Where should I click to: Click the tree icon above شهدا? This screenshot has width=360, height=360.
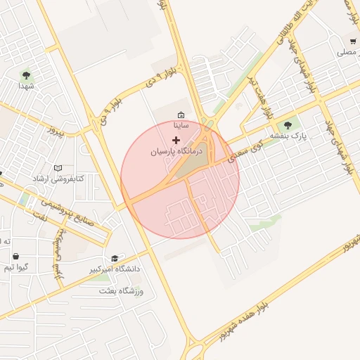pos(26,74)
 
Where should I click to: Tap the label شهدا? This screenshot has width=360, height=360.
pos(27,86)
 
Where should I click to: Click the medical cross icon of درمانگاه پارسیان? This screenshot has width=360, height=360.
pos(176,141)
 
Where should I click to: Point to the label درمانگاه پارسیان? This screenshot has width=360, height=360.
pos(176,151)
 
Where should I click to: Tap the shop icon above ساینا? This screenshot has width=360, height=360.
pos(181,115)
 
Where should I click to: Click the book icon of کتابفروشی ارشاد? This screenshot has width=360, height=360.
pos(58,168)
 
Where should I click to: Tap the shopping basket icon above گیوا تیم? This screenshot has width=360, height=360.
pos(15,257)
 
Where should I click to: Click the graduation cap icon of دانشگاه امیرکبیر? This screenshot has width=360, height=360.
pos(115,259)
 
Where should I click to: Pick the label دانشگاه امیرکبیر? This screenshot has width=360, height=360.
pos(115,269)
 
